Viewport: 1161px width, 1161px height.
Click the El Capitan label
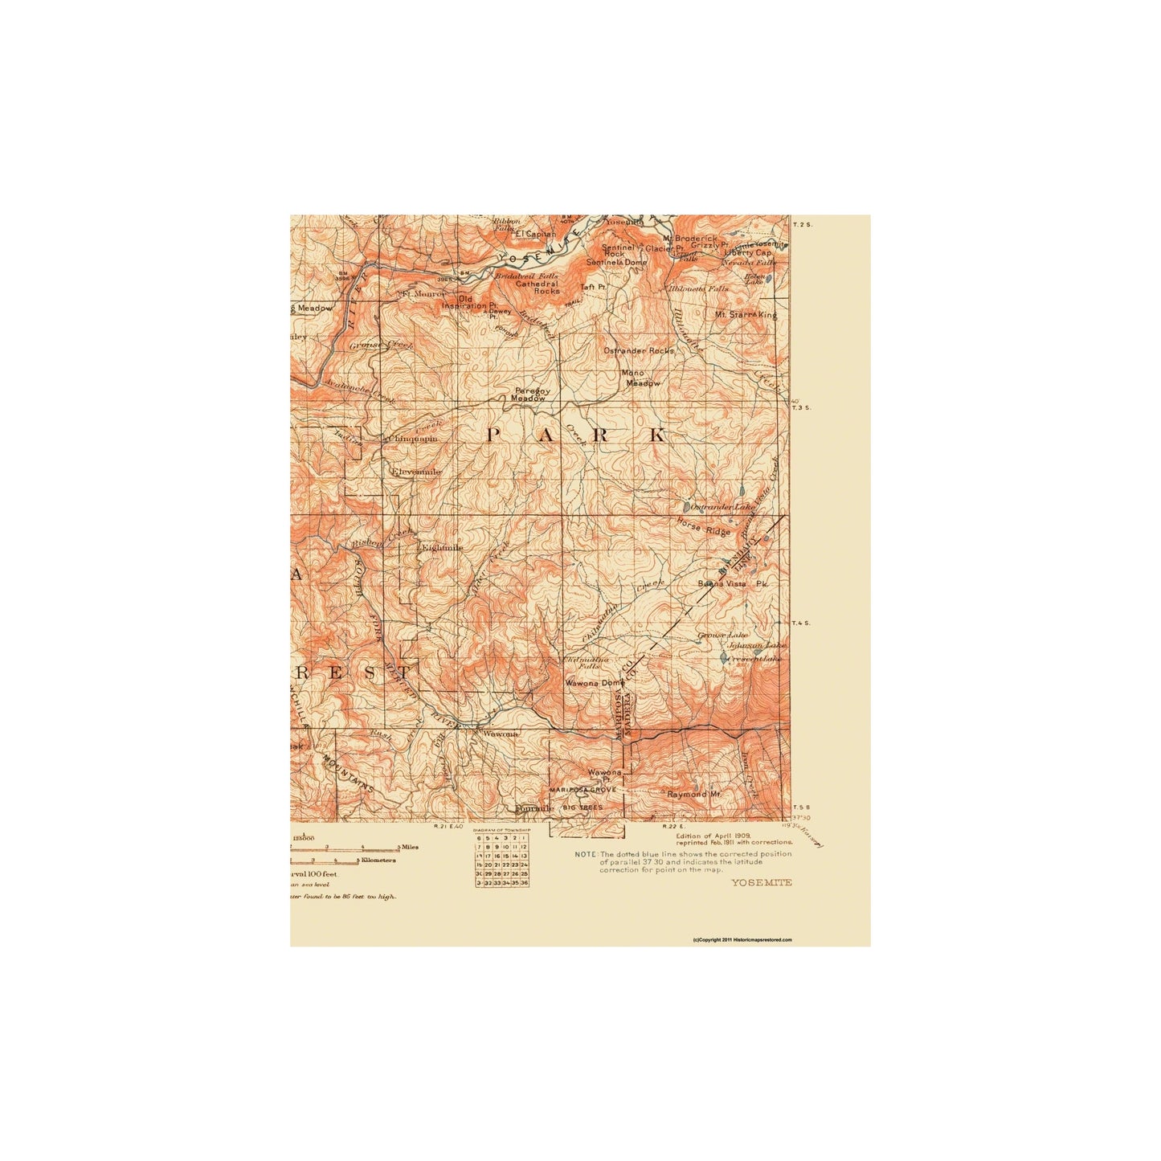click(535, 234)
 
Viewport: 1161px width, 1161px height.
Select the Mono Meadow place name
click(642, 378)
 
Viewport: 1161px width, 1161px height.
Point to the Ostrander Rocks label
click(639, 350)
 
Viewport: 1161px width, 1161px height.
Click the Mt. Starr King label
click(746, 315)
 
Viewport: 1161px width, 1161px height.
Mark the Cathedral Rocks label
click(537, 287)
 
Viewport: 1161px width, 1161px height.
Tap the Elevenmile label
click(415, 472)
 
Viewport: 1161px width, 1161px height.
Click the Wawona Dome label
click(594, 683)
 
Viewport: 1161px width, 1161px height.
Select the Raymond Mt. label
click(694, 794)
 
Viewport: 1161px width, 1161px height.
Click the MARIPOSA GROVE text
click(583, 790)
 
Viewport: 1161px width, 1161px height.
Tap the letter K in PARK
click(657, 435)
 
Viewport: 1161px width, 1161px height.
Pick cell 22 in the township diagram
click(506, 865)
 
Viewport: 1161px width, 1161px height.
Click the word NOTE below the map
click(585, 854)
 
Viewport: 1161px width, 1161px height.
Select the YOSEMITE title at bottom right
click(761, 882)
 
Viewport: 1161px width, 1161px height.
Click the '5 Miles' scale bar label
click(408, 847)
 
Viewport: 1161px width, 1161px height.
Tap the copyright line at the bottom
click(742, 939)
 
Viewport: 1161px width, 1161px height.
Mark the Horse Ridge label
click(703, 527)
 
